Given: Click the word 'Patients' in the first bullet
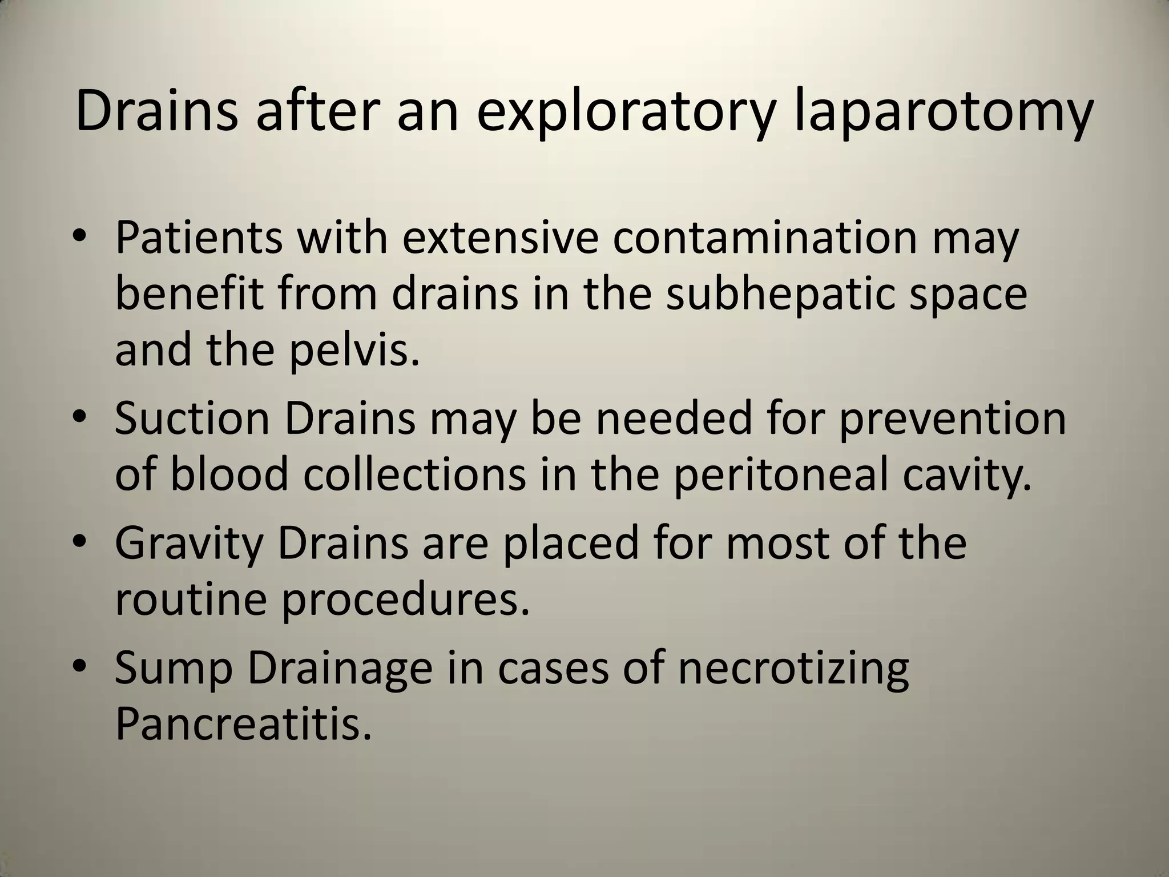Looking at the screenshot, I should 199,238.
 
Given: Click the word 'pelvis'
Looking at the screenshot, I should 353,352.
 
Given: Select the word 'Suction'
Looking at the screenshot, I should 192,419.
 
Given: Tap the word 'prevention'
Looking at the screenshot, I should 952,419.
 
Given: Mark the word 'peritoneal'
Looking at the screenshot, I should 781,476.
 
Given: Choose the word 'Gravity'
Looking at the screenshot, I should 189,544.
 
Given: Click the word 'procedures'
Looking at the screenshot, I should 406,602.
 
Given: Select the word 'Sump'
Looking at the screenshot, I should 174,669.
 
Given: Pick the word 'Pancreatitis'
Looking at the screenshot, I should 243,725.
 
